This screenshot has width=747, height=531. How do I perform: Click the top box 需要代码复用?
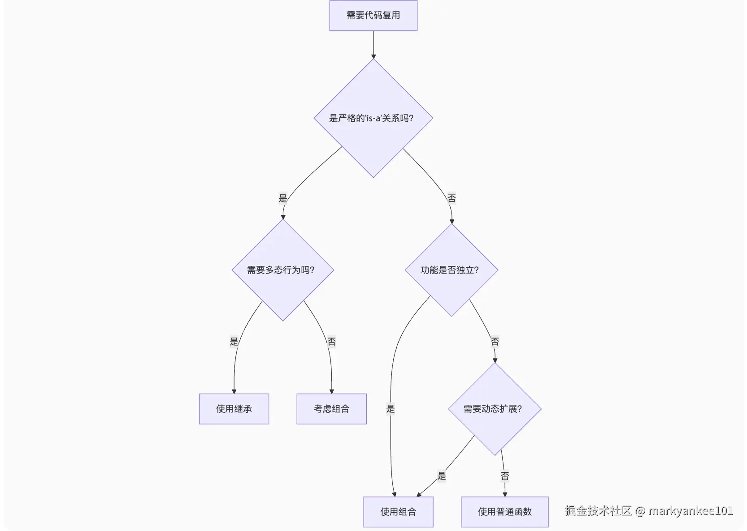[x=373, y=16]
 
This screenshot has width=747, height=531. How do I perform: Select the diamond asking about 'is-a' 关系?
[x=373, y=118]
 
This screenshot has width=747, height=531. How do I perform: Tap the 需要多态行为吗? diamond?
[x=282, y=270]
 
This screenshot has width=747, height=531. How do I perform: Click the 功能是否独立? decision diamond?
[x=451, y=270]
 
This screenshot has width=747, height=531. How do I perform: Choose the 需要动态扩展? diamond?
[x=495, y=409]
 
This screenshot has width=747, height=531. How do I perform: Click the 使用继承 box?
[x=234, y=409]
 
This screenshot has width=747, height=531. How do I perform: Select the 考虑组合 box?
[x=331, y=409]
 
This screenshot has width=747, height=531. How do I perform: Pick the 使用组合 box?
[x=398, y=512]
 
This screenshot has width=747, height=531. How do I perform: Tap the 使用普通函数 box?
[x=504, y=512]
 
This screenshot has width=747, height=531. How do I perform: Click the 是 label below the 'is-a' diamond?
[x=282, y=198]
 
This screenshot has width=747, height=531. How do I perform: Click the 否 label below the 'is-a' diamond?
[x=452, y=198]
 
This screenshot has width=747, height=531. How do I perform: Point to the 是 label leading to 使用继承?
[x=234, y=342]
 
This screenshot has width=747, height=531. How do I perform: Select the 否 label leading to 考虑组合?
[x=331, y=342]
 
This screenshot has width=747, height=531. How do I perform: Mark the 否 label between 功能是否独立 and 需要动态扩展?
[x=495, y=342]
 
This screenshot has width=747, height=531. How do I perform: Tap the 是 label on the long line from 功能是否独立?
[x=391, y=409]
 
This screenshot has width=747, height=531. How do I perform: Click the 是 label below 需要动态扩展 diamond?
[x=442, y=476]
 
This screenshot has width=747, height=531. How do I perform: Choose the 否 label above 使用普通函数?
[x=505, y=476]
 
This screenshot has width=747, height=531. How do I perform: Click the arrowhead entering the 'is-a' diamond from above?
[x=373, y=56]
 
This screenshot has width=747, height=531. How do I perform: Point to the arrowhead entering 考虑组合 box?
[x=331, y=391]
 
